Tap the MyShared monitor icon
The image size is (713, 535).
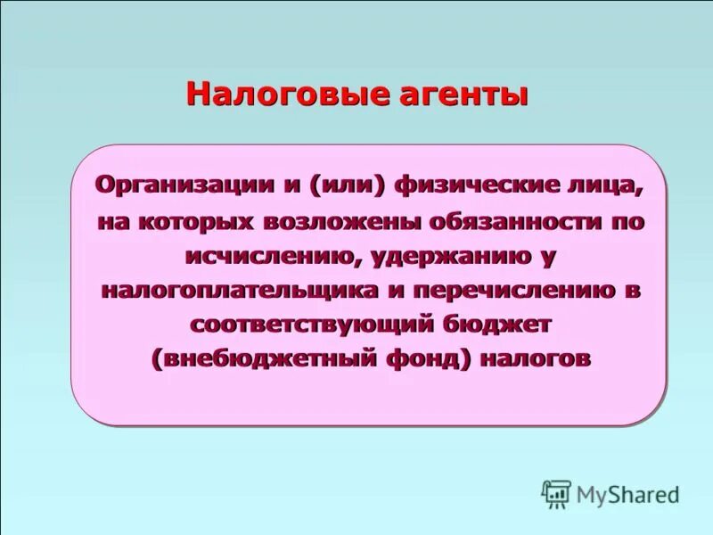pos(557,493)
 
